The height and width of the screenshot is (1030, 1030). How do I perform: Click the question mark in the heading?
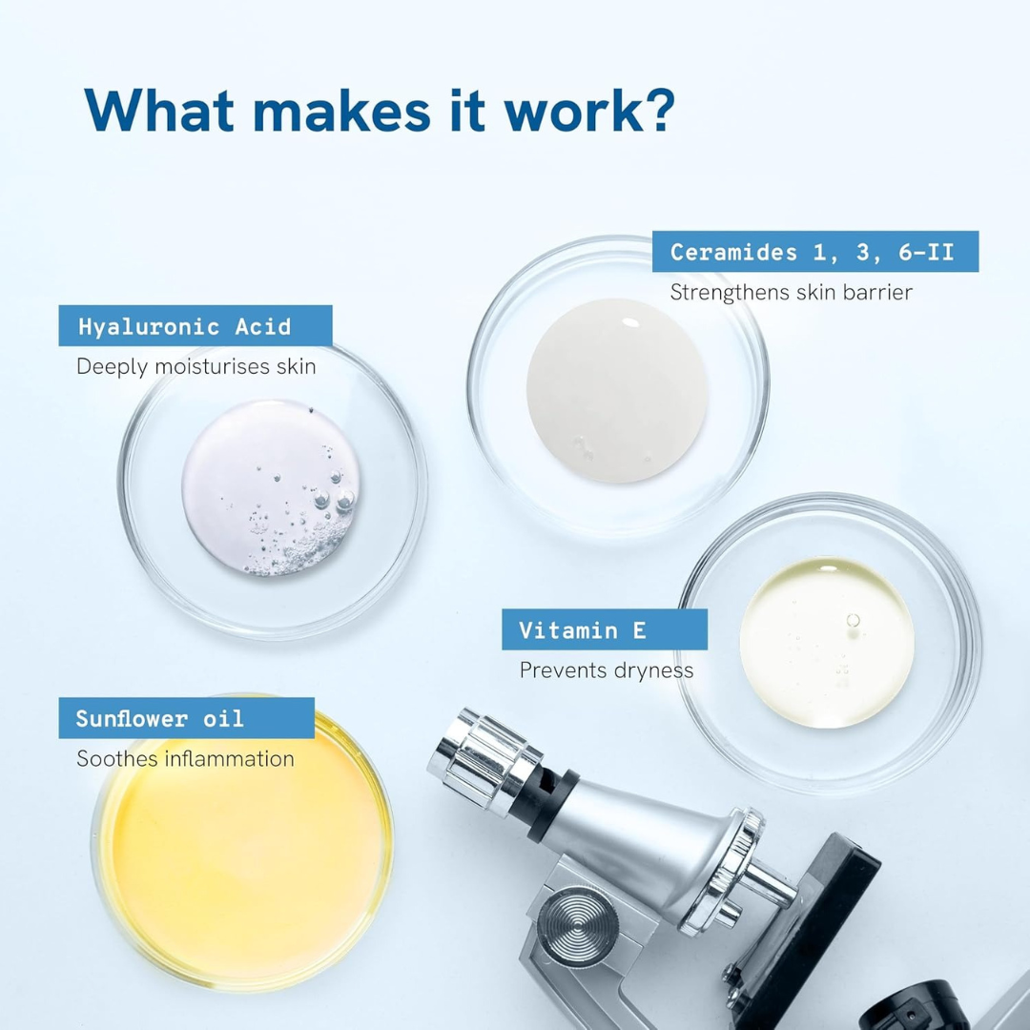click(x=655, y=109)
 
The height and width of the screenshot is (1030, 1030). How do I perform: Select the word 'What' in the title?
click(x=159, y=109)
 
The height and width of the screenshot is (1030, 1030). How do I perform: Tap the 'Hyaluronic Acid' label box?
click(x=196, y=325)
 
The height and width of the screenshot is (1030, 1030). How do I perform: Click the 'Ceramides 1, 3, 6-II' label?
click(x=815, y=251)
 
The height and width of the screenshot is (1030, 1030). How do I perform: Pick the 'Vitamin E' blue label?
click(x=605, y=629)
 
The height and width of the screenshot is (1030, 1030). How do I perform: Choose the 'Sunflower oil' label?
click(x=187, y=718)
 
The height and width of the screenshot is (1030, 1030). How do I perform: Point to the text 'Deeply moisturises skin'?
click(x=196, y=366)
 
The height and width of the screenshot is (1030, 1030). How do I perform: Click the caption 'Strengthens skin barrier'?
click(x=791, y=293)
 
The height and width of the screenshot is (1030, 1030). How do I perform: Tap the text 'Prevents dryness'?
click(x=607, y=670)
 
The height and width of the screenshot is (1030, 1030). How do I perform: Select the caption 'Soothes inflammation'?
click(x=185, y=759)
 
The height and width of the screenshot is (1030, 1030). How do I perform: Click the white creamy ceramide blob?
click(x=617, y=391)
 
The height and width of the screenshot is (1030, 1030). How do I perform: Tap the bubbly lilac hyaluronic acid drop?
click(x=271, y=487)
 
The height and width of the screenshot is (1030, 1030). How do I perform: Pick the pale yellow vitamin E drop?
click(x=826, y=643)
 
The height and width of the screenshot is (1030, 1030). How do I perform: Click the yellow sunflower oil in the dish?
click(x=244, y=860)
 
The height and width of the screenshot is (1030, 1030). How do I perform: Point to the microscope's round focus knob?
click(x=577, y=927)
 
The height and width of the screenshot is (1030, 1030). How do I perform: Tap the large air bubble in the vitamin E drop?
click(x=854, y=620)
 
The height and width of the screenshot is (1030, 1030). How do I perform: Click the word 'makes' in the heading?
click(x=341, y=109)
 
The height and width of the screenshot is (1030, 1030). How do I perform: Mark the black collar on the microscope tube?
click(x=553, y=805)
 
